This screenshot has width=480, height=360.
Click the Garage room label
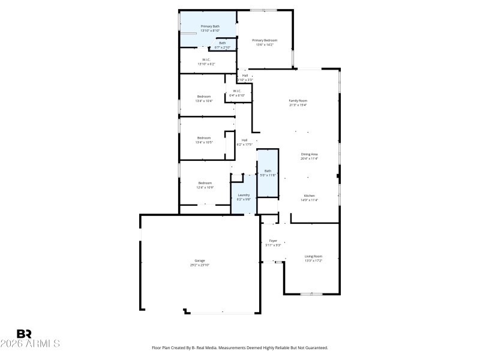pyautogui.click(x=199, y=260)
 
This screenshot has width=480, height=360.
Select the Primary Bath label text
pyautogui.click(x=210, y=26)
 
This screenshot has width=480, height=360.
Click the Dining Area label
pyautogui.click(x=310, y=154)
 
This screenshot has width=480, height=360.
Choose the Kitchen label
pyautogui.click(x=310, y=196)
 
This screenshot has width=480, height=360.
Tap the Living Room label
pyautogui.click(x=313, y=256)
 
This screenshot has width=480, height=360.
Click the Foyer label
pyautogui.click(x=273, y=241)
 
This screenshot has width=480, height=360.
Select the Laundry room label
pyautogui.click(x=244, y=195)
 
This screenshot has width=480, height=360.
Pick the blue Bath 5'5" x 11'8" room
pyautogui.click(x=268, y=174)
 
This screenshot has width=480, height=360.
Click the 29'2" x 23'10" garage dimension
pyautogui.click(x=199, y=265)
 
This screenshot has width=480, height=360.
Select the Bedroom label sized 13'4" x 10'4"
pyautogui.click(x=204, y=97)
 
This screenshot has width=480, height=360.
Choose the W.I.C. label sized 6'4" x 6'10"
pyautogui.click(x=237, y=91)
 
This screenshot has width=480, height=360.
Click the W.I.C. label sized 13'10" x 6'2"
pyautogui.click(x=206, y=59)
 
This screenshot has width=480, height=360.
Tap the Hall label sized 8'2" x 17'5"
pyautogui.click(x=244, y=140)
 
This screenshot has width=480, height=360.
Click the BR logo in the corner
pyautogui.click(x=24, y=334)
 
